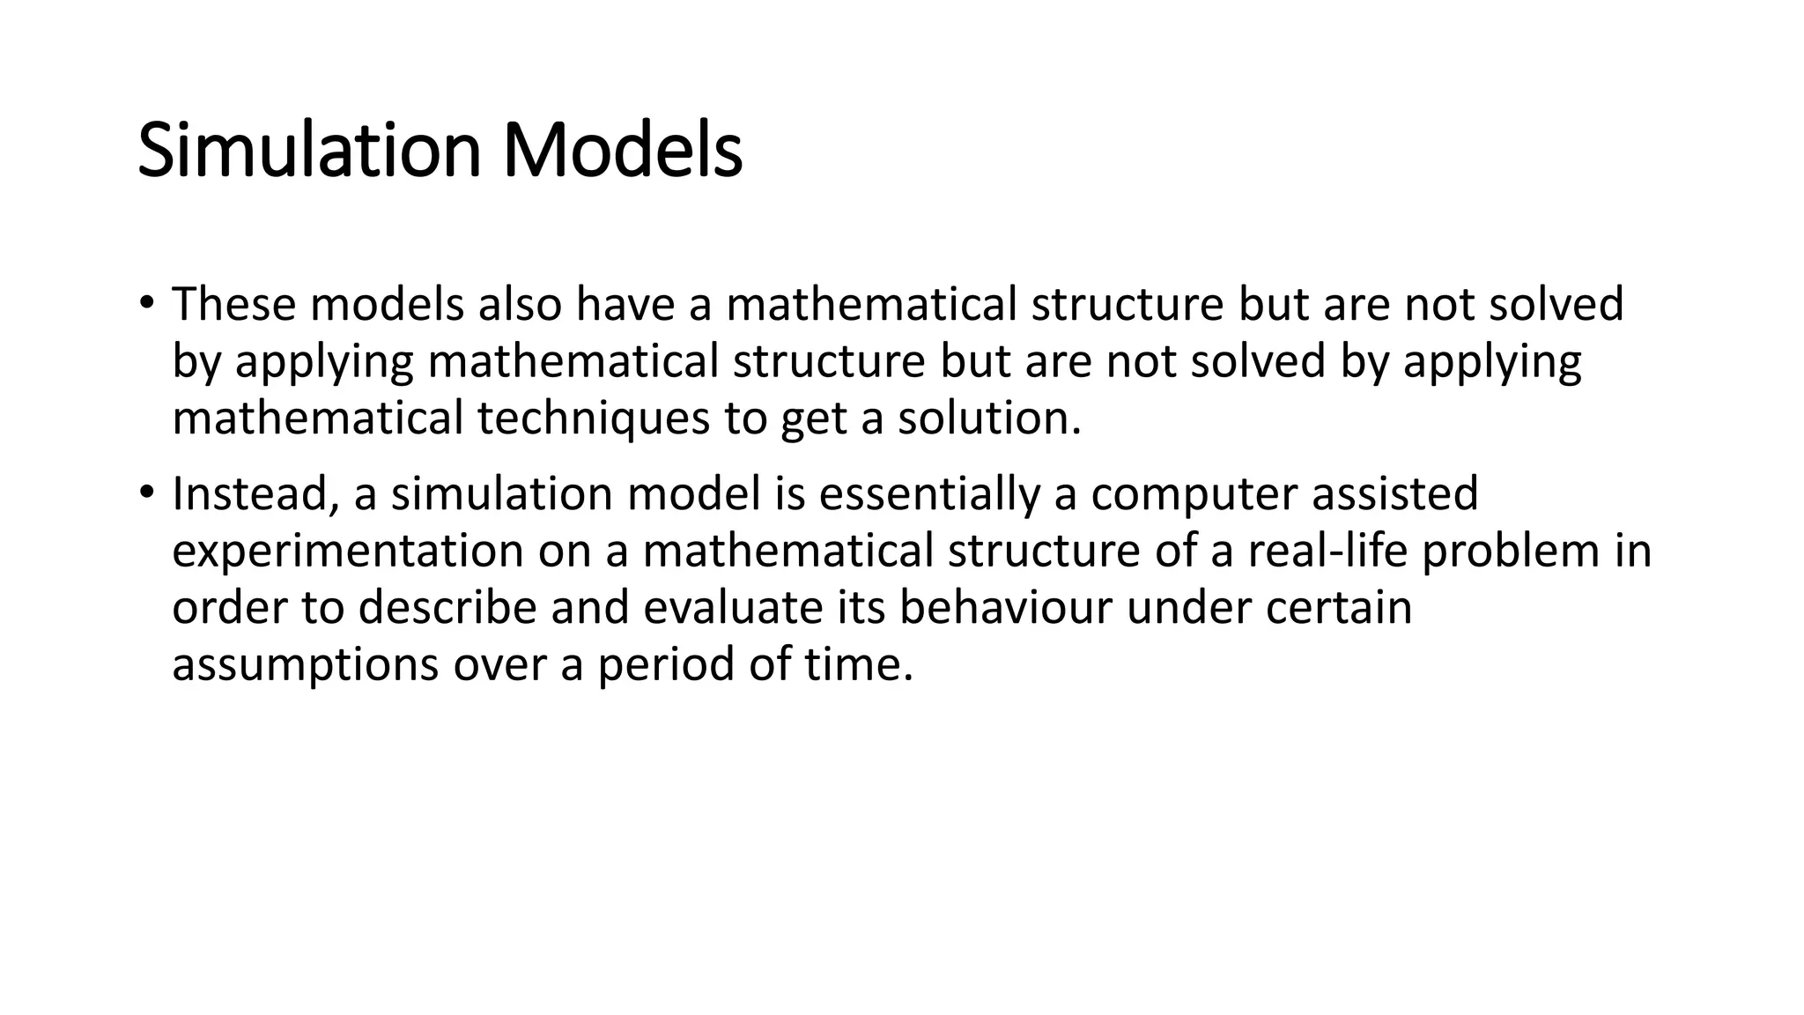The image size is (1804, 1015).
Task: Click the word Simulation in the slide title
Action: (x=309, y=152)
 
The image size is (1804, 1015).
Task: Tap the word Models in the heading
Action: (x=622, y=152)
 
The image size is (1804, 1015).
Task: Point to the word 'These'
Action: (x=233, y=304)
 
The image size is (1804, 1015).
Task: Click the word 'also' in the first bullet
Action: (x=520, y=304)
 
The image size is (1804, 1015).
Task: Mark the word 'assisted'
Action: (x=1394, y=493)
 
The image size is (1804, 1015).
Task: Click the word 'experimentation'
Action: (x=348, y=552)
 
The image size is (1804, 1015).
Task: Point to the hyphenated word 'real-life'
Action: (x=1327, y=551)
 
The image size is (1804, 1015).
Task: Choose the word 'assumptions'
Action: (x=305, y=665)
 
